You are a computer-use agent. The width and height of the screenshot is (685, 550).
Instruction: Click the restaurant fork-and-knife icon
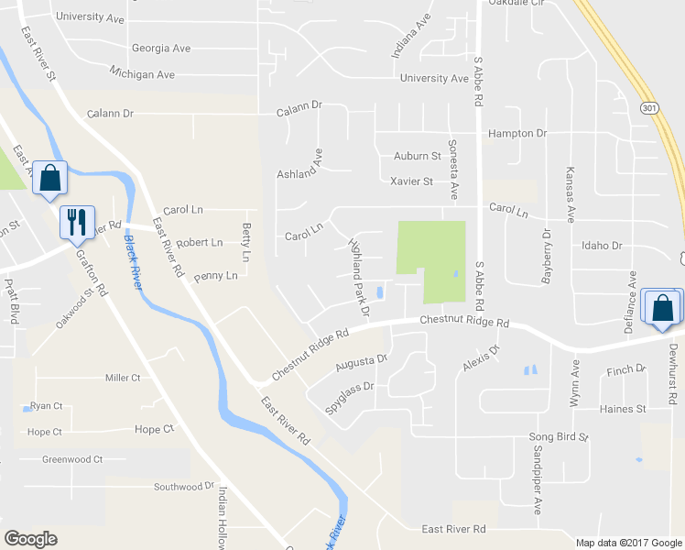coord(75,222)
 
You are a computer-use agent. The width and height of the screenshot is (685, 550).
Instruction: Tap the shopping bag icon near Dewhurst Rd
coord(662,308)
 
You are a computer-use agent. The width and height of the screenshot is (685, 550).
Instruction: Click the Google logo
coord(30,539)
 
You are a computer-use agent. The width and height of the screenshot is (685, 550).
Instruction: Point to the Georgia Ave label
coord(160,48)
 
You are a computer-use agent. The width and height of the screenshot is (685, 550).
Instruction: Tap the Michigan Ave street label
coord(141,73)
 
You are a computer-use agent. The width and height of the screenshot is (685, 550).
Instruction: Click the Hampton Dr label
coord(517,134)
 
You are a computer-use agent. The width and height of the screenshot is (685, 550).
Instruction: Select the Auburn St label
coord(418,157)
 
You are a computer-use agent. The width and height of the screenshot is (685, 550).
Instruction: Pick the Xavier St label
coord(411,181)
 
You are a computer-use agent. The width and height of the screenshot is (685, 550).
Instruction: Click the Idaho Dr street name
coord(602,246)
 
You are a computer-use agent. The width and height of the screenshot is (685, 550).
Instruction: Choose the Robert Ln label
coord(199,243)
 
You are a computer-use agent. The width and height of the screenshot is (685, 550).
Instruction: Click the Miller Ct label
coord(123,378)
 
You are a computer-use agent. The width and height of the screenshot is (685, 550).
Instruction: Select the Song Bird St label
coord(558,438)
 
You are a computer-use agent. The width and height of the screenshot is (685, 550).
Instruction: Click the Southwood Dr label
coord(183,487)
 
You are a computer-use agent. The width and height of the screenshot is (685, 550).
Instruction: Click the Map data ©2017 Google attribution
coord(628,542)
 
